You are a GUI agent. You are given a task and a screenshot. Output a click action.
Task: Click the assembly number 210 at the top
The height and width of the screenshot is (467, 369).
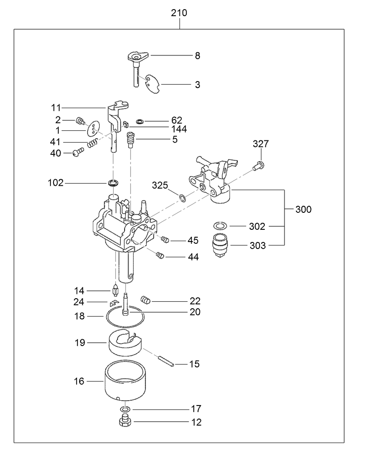click(x=179, y=13)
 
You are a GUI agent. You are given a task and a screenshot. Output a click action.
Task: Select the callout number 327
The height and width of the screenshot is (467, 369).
click(x=261, y=144)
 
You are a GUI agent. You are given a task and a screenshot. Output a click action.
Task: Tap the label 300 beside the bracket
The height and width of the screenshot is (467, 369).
click(x=303, y=210)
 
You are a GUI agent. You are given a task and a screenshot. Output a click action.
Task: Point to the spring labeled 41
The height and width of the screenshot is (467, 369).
click(x=92, y=143)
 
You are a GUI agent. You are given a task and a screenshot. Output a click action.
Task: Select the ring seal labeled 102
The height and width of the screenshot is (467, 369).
click(x=113, y=182)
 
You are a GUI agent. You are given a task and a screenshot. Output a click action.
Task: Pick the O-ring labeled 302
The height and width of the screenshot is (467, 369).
click(x=220, y=226)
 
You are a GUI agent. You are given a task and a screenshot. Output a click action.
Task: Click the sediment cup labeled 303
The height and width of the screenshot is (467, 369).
click(x=220, y=245)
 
